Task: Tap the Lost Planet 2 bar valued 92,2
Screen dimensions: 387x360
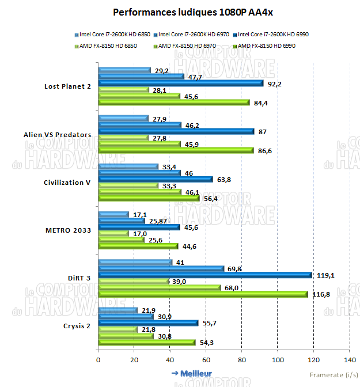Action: [x=181, y=84]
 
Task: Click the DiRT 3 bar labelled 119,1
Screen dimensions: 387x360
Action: [x=205, y=275]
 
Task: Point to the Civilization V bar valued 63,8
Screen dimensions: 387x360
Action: [x=156, y=179]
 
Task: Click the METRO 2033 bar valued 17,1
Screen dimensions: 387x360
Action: [x=113, y=214]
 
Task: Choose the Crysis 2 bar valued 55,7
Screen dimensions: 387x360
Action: [x=148, y=323]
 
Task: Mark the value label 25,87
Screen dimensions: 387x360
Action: [x=158, y=221]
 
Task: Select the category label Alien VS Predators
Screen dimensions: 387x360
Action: [x=57, y=135]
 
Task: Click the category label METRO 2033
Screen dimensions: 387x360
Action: [x=67, y=230]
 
